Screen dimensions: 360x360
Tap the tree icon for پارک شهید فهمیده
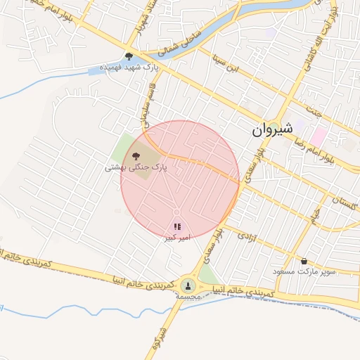129,56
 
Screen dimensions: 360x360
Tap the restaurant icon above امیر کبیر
177,226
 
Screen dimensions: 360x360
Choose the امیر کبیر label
177,238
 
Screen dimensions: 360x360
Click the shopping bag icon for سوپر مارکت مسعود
304,261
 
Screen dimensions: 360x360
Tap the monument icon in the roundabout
187,285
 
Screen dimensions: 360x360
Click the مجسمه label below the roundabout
188,297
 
